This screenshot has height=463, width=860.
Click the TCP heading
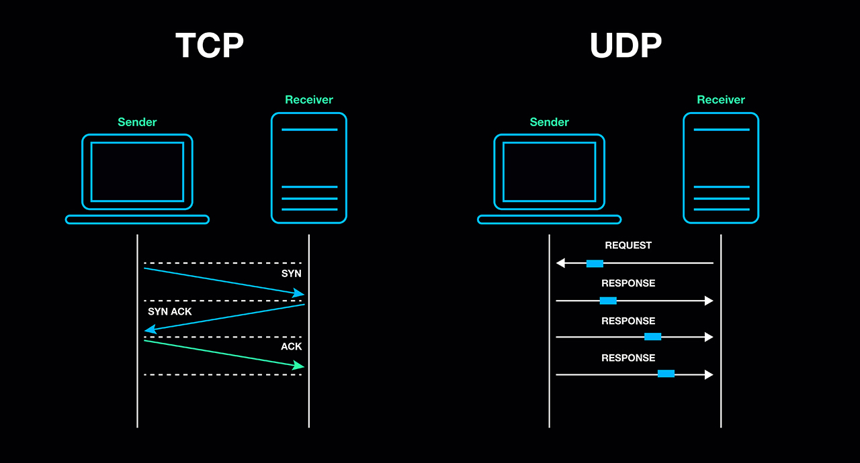[210, 46]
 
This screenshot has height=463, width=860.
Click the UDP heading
[626, 46]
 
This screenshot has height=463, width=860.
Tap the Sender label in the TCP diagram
[137, 122]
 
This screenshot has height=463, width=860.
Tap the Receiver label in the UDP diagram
[721, 100]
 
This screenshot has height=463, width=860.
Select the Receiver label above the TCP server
[309, 100]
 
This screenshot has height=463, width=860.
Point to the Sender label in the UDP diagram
[549, 122]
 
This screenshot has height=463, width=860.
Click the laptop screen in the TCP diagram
[137, 172]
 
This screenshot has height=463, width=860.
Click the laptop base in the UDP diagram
[549, 219]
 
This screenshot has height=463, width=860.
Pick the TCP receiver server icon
[309, 168]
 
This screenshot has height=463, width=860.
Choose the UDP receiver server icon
[721, 168]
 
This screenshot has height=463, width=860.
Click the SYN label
[292, 274]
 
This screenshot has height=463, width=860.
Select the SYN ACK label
[169, 312]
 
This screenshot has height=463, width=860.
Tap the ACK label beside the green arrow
[292, 347]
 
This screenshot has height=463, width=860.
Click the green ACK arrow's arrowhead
[300, 366]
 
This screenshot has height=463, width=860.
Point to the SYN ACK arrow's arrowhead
[150, 329]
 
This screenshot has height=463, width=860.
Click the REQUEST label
[628, 246]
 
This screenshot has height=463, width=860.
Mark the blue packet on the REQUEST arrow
[595, 264]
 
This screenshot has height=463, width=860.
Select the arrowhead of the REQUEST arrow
[560, 264]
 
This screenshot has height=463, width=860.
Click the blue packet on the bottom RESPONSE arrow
[666, 374]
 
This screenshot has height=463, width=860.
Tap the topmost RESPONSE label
[628, 283]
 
